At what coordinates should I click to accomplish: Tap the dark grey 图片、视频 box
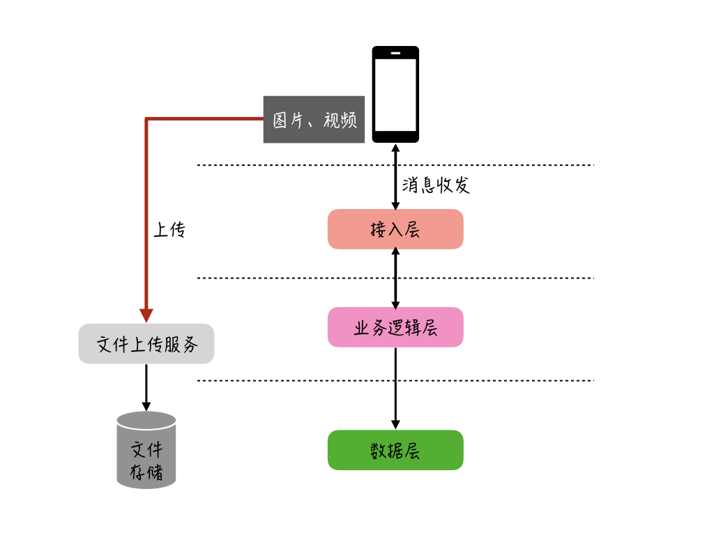[x=314, y=119]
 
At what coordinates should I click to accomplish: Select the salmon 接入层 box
[x=395, y=229]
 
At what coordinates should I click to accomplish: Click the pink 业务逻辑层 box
[x=395, y=327]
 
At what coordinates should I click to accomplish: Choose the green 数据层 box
[x=395, y=450]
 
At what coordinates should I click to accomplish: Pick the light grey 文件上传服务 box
[x=146, y=343]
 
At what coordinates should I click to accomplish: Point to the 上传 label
[x=169, y=230]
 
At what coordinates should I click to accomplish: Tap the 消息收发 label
[x=436, y=185]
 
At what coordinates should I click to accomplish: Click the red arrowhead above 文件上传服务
[x=146, y=316]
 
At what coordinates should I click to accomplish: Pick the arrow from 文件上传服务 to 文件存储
[x=146, y=387]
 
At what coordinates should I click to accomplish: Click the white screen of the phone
[x=395, y=94]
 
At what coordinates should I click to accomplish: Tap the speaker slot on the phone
[x=395, y=53]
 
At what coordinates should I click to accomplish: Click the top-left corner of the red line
[x=146, y=119]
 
